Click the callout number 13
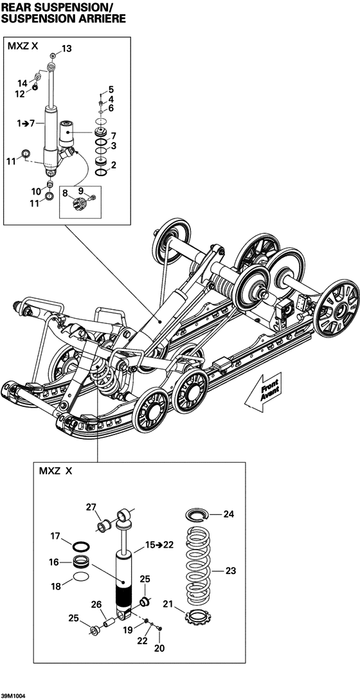(x=67, y=49)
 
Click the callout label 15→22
(x=159, y=545)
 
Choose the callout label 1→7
(x=26, y=122)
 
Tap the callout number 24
(x=230, y=514)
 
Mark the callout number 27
(x=92, y=507)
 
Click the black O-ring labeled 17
(x=80, y=546)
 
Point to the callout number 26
(x=96, y=604)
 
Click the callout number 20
(x=159, y=649)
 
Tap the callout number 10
(x=37, y=191)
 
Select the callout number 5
(x=111, y=89)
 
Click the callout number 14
(x=22, y=83)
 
